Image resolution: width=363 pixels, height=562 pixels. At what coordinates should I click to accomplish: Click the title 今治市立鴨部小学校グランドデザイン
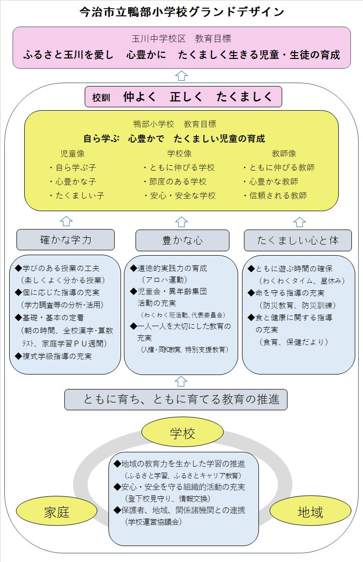(x=181, y=12)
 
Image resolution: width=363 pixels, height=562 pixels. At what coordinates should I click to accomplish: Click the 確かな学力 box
(x=65, y=239)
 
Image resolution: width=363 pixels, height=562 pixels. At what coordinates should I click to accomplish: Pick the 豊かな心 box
(x=182, y=240)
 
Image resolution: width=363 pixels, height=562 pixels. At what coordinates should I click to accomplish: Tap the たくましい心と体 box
(x=298, y=240)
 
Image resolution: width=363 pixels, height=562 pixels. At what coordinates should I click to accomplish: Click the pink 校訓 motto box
(x=183, y=97)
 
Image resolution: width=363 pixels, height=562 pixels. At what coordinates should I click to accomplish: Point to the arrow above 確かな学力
(x=66, y=221)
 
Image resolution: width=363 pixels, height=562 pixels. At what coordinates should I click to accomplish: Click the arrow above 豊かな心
(x=181, y=221)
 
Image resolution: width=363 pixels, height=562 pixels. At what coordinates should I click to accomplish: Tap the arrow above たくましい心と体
(x=300, y=221)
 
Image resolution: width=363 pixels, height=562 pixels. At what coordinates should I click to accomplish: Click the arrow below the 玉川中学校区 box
(x=181, y=75)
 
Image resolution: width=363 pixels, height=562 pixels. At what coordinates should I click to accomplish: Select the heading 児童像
(x=73, y=154)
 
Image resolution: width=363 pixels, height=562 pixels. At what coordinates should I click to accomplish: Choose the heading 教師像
(x=284, y=154)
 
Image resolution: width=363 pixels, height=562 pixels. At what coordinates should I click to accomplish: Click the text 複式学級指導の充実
(x=57, y=357)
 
